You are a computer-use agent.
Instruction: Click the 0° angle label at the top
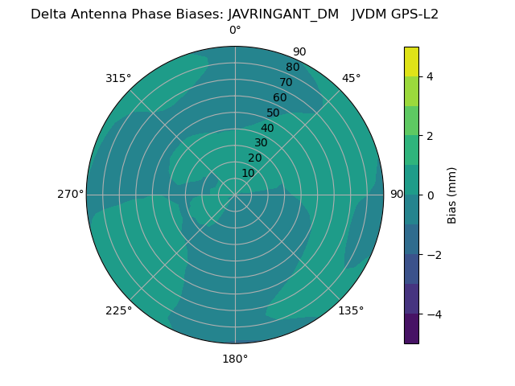click(x=235, y=31)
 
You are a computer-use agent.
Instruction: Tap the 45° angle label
click(x=351, y=78)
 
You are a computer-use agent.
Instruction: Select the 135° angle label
click(x=351, y=310)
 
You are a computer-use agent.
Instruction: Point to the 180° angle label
click(x=235, y=359)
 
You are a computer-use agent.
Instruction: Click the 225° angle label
click(x=118, y=310)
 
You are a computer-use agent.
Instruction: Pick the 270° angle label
click(x=71, y=195)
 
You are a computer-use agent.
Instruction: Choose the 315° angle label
click(x=118, y=78)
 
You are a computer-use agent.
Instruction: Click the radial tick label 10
click(x=248, y=173)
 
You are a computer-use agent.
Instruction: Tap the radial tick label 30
click(x=261, y=143)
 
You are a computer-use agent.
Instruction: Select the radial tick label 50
click(x=274, y=113)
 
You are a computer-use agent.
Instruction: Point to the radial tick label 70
click(x=286, y=82)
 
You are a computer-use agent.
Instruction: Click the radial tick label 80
click(x=292, y=68)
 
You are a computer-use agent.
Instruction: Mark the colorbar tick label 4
click(x=430, y=76)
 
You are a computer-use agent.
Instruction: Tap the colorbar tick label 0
click(x=430, y=195)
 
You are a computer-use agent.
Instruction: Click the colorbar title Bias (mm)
click(x=452, y=195)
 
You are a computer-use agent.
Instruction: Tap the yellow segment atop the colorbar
click(x=411, y=61)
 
